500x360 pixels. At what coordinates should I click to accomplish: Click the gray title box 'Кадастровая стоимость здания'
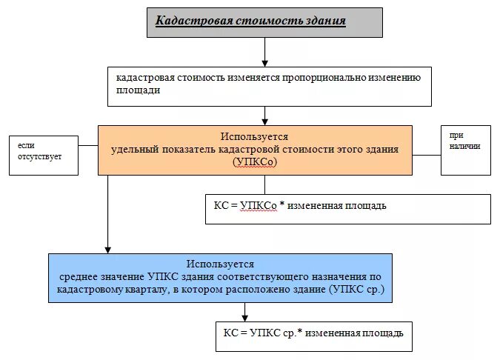point(264,22)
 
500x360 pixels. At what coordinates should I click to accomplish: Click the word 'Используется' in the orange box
point(255,136)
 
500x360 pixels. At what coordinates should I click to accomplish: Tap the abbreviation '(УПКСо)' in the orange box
point(254,161)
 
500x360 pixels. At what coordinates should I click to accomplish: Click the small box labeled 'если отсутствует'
point(44,154)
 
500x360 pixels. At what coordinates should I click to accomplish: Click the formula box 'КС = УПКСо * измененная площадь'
point(347,208)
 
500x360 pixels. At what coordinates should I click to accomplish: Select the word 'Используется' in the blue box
point(220,264)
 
